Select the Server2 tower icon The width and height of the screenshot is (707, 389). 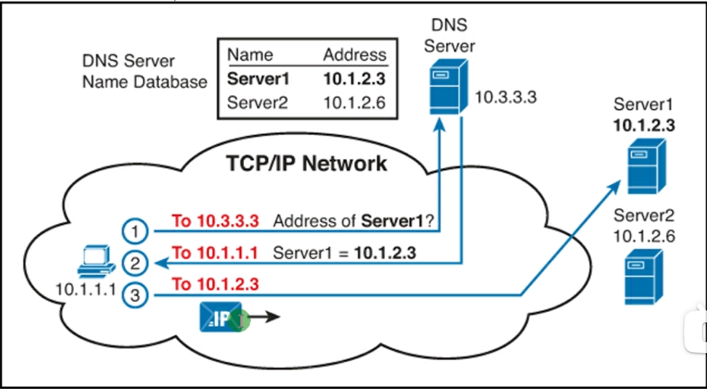click(643, 278)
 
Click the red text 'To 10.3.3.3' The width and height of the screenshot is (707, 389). click(216, 221)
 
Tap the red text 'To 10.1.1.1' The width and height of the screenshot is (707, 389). click(216, 253)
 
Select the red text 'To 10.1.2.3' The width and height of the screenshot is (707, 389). click(216, 284)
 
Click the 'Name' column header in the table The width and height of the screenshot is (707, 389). click(250, 55)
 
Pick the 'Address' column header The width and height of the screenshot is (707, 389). click(355, 55)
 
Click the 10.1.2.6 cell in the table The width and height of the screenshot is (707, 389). click(355, 102)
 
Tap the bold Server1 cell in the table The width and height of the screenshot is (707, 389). click(259, 79)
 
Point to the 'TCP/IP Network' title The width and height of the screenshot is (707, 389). click(307, 164)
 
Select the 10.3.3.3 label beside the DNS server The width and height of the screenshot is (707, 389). click(506, 98)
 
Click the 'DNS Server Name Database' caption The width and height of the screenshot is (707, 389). click(144, 71)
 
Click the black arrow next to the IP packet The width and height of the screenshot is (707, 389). click(264, 317)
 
